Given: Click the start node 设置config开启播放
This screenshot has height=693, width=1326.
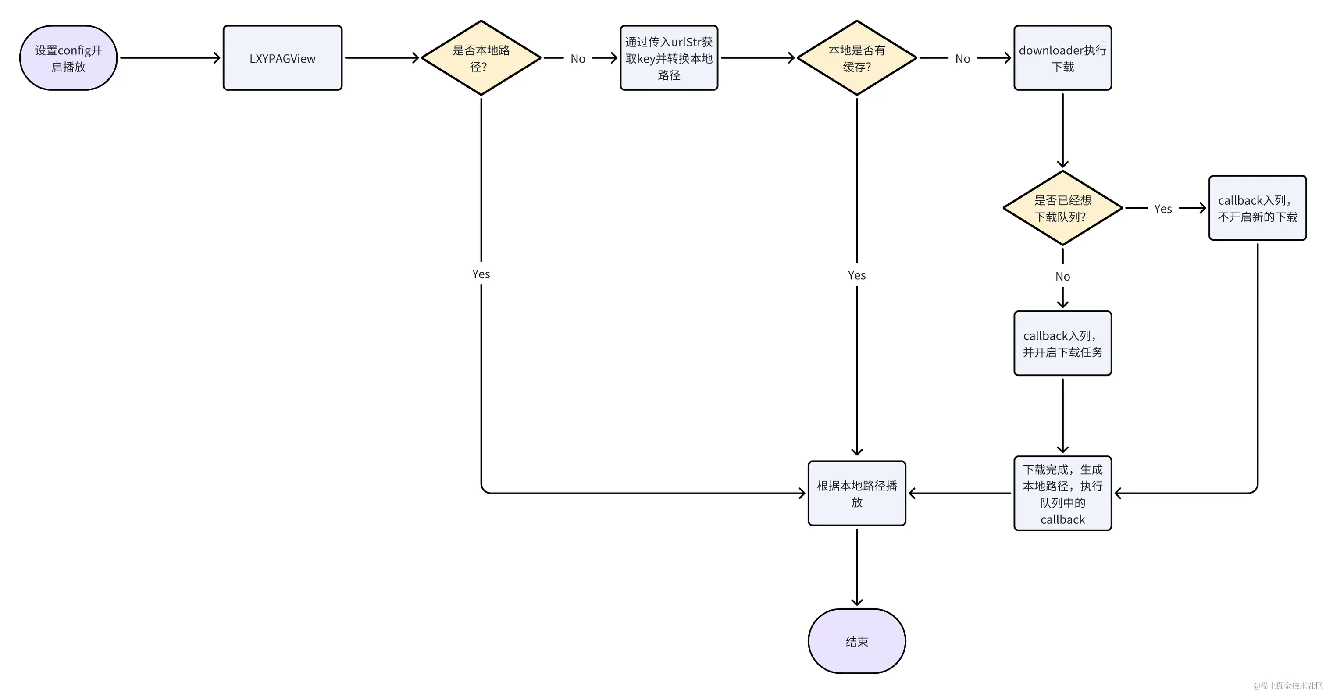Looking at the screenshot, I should [68, 58].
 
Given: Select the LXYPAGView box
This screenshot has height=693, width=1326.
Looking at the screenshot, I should [282, 58].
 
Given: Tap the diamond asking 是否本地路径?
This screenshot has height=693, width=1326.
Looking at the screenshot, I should [481, 58].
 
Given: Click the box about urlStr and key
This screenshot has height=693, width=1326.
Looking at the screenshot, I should [669, 58].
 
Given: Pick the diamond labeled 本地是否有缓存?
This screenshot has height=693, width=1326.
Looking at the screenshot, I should [856, 58].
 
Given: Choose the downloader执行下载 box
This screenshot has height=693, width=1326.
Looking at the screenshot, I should [1062, 58].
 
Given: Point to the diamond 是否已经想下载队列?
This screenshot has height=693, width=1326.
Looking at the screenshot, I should [1062, 208].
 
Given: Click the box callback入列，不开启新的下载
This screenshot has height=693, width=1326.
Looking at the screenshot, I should [1257, 208].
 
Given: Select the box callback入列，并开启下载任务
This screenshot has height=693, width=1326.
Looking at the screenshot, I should [1062, 343].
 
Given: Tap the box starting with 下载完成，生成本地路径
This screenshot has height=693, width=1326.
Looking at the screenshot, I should [1062, 494].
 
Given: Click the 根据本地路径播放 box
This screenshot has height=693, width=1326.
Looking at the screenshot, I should [856, 494].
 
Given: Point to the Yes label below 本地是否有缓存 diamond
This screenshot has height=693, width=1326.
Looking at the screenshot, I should [856, 275].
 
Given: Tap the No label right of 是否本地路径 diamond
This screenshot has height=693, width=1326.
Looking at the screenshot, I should [577, 59].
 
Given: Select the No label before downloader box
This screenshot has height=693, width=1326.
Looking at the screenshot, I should [962, 59].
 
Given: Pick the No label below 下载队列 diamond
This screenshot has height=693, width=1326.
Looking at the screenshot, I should [1062, 277].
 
